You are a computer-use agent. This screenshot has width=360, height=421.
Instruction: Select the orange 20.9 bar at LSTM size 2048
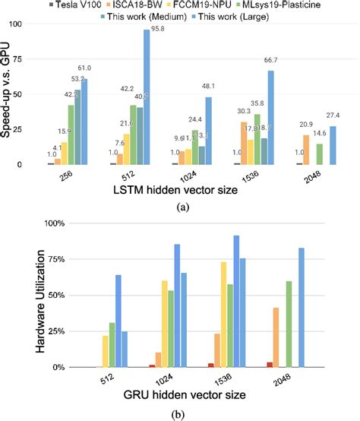[x=305, y=150]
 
